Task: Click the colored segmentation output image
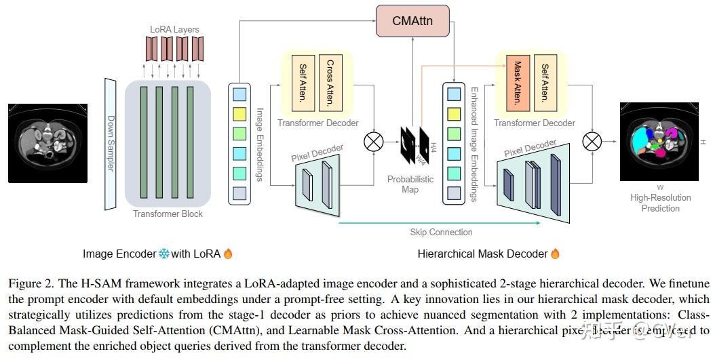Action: coord(659,141)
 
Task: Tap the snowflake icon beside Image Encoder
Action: coord(163,254)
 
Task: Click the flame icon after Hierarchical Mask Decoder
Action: coord(555,254)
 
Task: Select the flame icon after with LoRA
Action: coord(228,254)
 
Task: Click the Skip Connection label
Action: coord(441,232)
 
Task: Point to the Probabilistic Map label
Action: coord(410,184)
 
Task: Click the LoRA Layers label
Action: coord(175,30)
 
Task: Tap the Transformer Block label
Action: coord(168,214)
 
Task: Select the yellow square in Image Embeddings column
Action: coord(240,112)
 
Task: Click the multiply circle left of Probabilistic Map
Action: coord(374,142)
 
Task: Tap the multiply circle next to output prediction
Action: coord(592,142)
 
